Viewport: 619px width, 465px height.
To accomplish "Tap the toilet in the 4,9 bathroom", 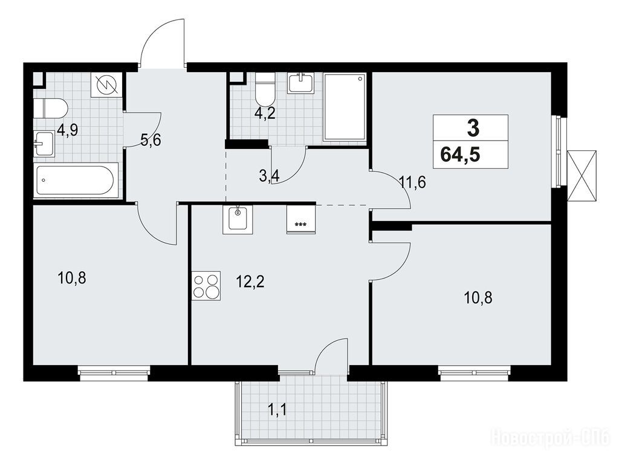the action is click(51, 108).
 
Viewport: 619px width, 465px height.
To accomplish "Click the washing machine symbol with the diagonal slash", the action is click(106, 85).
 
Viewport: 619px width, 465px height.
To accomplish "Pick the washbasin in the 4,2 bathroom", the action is click(300, 83).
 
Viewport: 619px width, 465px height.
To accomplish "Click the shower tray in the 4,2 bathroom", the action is click(345, 107).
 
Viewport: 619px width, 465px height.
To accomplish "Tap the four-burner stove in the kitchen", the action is click(206, 286).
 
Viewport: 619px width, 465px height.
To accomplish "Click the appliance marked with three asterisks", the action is click(301, 219).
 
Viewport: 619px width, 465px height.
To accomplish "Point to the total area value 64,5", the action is click(460, 154).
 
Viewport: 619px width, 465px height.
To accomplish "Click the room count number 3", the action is click(473, 128).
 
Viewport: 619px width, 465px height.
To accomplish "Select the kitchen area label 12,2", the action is click(250, 282).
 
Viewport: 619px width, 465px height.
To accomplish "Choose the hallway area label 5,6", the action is click(151, 140).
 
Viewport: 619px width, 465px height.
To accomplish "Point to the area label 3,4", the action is click(269, 176).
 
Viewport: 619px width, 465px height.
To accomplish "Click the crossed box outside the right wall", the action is click(582, 176).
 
